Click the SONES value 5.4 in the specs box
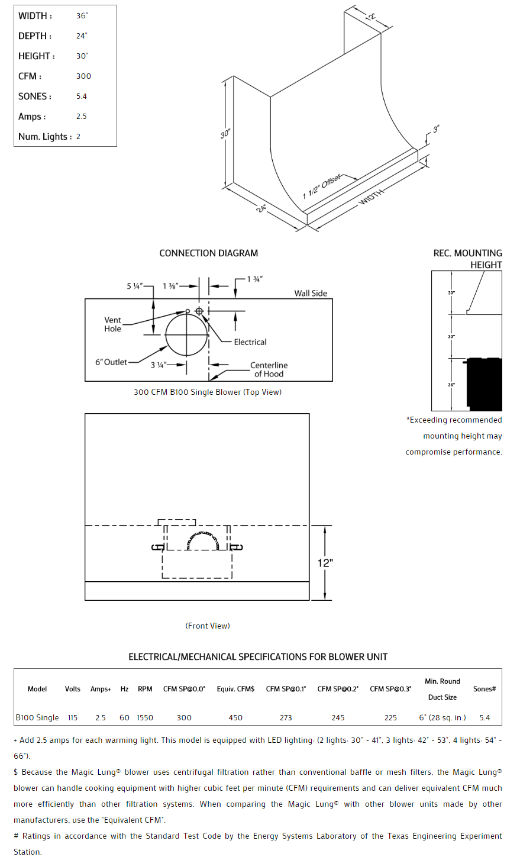[82, 96]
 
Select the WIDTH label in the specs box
[35, 16]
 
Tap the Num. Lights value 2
[78, 137]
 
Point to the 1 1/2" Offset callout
[322, 186]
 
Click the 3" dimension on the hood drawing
[436, 129]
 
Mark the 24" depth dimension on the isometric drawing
[261, 208]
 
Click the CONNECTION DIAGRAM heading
[208, 253]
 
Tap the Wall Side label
[311, 293]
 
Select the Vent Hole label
[112, 324]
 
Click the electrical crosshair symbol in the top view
[199, 311]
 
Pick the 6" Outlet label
[111, 362]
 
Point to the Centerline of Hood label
[269, 369]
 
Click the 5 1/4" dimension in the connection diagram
[134, 286]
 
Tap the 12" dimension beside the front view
[325, 563]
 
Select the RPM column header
[145, 689]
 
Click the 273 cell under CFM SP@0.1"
[286, 718]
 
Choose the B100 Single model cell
[37, 718]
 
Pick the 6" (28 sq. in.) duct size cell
[443, 718]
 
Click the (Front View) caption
[208, 626]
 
